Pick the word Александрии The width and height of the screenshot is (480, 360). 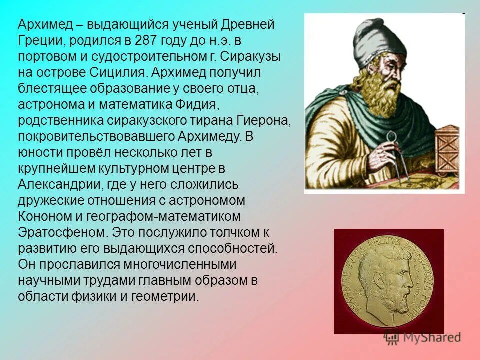(59, 185)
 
